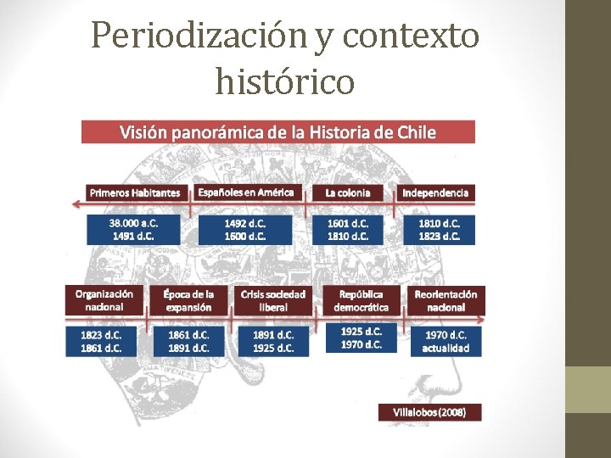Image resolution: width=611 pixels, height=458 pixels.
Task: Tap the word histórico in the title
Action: click(x=285, y=81)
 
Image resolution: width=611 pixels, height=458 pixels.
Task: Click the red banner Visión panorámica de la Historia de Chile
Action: click(x=278, y=132)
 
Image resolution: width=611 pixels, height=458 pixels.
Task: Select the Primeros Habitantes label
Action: click(x=136, y=193)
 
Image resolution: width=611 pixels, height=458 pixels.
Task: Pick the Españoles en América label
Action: click(x=246, y=193)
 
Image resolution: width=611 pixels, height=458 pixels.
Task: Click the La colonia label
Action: click(x=348, y=193)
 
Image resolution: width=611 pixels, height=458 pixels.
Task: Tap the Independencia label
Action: click(x=435, y=193)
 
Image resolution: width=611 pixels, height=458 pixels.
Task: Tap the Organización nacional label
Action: click(x=104, y=300)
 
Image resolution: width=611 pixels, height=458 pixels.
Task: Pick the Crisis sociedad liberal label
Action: click(x=273, y=300)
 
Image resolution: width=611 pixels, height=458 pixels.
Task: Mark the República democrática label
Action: click(x=361, y=300)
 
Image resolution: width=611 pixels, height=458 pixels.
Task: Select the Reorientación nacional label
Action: click(x=446, y=300)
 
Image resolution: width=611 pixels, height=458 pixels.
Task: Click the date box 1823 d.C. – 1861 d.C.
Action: click(x=102, y=341)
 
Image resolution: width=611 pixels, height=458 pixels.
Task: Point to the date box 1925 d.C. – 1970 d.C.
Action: click(x=362, y=338)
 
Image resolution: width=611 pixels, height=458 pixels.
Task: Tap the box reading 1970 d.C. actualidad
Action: click(x=446, y=341)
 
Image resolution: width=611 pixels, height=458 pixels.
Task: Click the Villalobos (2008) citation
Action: click(x=429, y=412)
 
